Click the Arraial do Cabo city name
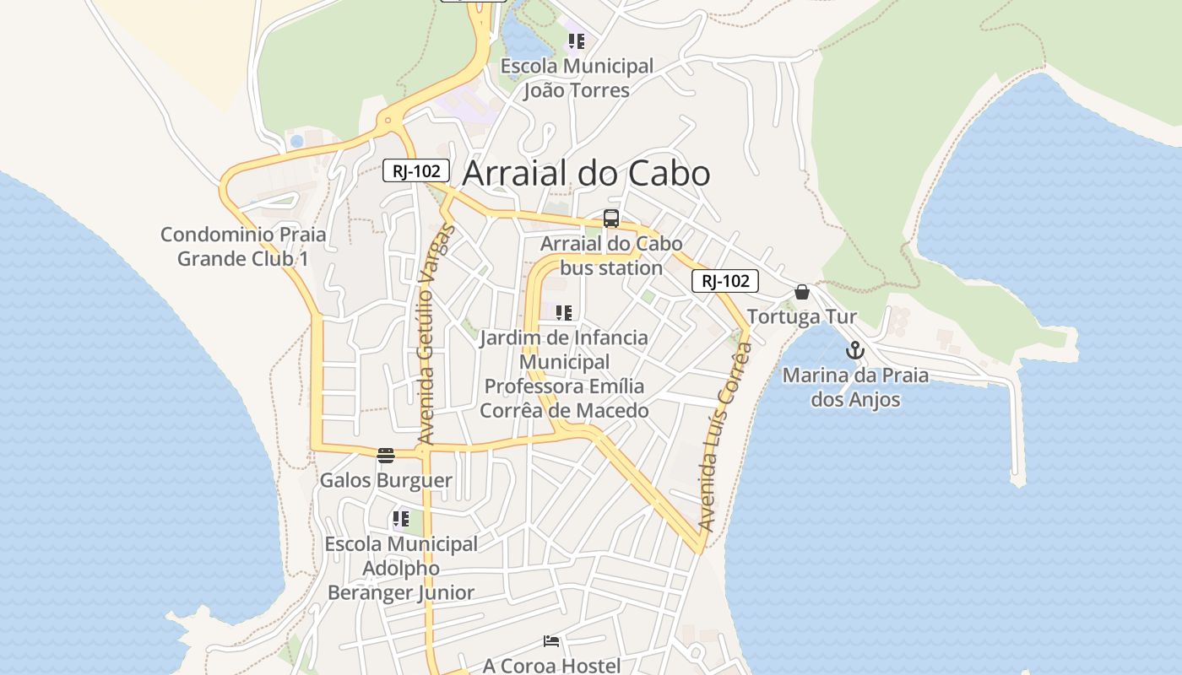point(586,173)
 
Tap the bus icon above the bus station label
point(611,219)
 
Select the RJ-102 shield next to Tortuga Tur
point(724,281)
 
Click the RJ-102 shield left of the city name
point(415,170)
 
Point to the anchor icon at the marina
point(855,350)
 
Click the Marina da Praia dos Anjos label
point(855,387)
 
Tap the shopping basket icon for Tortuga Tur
point(802,292)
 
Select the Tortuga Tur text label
point(802,317)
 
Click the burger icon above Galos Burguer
point(386,456)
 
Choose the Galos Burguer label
point(386,480)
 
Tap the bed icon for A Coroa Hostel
point(551,641)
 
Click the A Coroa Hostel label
point(551,665)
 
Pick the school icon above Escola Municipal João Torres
point(577,40)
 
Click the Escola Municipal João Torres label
point(577,78)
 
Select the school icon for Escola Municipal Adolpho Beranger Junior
point(401,519)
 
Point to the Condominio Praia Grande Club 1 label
point(243,246)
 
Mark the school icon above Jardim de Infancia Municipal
point(564,313)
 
